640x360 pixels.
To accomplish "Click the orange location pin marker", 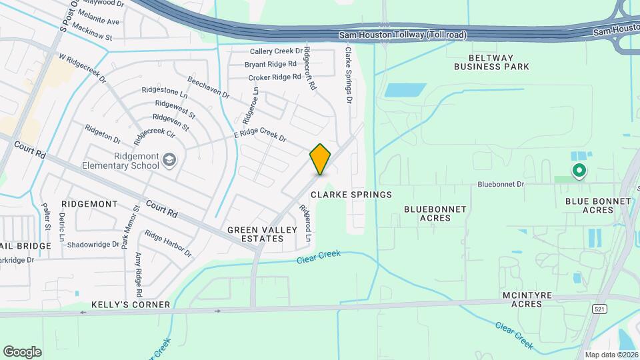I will point(320,159).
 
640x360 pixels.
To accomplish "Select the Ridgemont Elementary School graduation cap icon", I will point(170,159).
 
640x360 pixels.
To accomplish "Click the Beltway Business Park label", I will point(491,61).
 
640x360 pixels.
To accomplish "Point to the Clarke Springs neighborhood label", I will point(351,194).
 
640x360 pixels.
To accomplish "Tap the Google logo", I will point(22,352).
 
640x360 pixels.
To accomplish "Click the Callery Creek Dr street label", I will point(276,51).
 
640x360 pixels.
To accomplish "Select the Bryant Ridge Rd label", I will point(270,64).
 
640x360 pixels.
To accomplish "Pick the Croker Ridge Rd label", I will point(275,77).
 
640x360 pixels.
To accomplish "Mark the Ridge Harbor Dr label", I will point(168,244).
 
